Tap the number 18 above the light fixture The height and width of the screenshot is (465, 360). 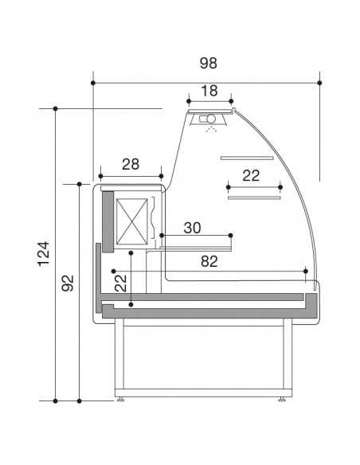(x=209, y=91)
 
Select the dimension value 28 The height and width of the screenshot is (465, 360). (x=131, y=165)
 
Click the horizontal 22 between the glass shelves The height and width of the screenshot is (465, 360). (x=252, y=176)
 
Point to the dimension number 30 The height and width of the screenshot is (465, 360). (x=192, y=228)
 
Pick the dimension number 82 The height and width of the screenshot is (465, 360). (x=209, y=261)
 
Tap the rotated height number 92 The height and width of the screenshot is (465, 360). (x=68, y=283)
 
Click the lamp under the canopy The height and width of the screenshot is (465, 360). (x=210, y=120)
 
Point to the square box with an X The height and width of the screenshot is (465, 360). (x=133, y=220)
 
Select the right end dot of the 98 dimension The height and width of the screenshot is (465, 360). (x=319, y=82)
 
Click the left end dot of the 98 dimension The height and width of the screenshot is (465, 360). (x=94, y=82)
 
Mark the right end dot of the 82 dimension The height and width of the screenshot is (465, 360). (x=307, y=271)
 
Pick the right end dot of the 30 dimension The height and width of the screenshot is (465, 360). (x=231, y=235)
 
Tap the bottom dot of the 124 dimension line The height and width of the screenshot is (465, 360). (x=56, y=401)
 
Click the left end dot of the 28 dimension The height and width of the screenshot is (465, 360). (x=100, y=176)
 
